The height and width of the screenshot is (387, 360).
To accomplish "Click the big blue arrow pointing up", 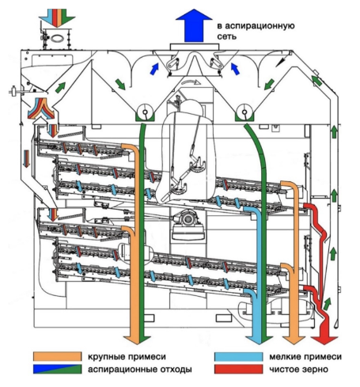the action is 194,26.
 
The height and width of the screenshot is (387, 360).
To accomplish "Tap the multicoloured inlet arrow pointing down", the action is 57,17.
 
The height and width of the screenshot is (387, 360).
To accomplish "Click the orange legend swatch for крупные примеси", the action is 57,356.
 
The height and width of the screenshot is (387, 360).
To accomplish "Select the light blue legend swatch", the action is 239,357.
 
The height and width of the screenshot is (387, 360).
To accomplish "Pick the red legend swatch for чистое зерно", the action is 239,369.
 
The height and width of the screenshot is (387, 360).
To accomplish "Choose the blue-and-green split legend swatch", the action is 57,369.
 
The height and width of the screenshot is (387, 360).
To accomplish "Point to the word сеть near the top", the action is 226,36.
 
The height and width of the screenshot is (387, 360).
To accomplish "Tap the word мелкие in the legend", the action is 285,357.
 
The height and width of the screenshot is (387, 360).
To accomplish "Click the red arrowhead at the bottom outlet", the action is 324,340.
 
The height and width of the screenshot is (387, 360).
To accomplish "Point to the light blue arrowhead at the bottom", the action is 256,340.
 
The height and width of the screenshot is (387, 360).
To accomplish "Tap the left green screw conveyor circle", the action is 145,112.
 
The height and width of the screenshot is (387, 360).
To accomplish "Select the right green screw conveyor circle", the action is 244,112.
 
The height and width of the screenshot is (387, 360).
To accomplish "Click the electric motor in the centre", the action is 188,218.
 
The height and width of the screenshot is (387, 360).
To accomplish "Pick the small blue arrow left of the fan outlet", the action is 154,69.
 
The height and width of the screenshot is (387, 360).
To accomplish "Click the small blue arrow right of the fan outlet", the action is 235,69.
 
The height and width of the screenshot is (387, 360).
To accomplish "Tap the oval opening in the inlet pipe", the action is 57,39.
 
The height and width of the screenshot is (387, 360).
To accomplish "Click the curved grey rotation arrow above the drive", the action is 191,82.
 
